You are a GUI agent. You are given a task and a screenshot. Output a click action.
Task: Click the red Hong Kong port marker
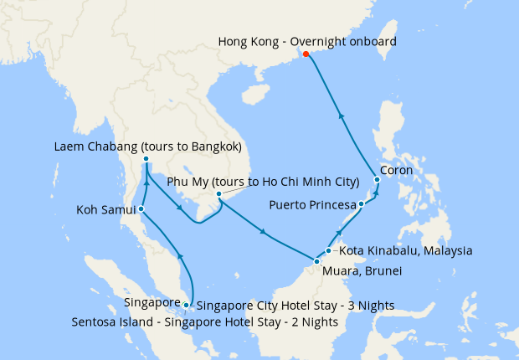click(x=306, y=54)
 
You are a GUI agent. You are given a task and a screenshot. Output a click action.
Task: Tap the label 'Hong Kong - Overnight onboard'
click(x=306, y=41)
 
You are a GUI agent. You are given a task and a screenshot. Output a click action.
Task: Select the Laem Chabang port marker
click(x=146, y=159)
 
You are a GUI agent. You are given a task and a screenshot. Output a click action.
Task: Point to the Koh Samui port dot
click(x=141, y=208)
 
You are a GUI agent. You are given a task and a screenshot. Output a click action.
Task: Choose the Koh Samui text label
click(x=105, y=209)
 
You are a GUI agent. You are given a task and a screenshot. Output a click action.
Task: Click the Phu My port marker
click(x=218, y=194)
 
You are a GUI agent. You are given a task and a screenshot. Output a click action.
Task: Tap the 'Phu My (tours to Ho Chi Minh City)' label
click(x=264, y=181)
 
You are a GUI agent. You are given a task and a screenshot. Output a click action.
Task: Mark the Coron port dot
click(x=378, y=179)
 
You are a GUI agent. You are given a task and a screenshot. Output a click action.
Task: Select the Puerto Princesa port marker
click(x=361, y=204)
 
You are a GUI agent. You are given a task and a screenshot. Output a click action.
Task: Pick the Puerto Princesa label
click(x=312, y=204)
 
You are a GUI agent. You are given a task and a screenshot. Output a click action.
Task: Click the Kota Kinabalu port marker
click(x=329, y=250)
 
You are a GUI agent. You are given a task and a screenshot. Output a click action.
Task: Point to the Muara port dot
click(x=316, y=262)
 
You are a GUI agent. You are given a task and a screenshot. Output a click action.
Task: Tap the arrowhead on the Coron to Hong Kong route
click(x=341, y=116)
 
